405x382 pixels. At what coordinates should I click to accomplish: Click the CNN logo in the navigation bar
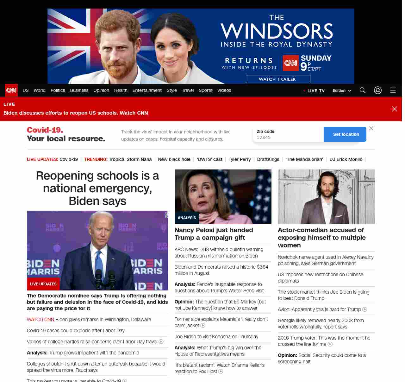pos(11,90)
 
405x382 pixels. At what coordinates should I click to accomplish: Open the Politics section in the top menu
pos(58,90)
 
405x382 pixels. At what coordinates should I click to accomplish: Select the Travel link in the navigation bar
pos(188,90)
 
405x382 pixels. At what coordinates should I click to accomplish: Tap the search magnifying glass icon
pos(363,90)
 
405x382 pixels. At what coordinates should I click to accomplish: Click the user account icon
pos(378,90)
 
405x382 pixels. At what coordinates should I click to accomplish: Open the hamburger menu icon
pos(393,90)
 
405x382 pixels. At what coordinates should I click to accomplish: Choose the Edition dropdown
pos(342,91)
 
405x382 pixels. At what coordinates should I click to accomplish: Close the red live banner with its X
pos(395,109)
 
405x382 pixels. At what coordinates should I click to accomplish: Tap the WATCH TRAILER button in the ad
pos(278,79)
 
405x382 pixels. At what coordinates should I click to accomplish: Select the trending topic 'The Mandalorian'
pos(304,159)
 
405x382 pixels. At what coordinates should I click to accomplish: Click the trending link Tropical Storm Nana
pos(130,159)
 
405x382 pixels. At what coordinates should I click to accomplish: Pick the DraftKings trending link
pos(268,159)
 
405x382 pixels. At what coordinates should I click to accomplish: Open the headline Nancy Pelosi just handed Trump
pos(214,234)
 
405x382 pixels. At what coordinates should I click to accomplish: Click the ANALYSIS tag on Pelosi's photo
pos(187,218)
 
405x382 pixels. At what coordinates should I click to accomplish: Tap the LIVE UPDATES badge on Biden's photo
pos(43,284)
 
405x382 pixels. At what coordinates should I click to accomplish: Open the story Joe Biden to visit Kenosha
pos(216,336)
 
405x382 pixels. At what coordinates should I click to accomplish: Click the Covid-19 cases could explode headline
pos(76,331)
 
